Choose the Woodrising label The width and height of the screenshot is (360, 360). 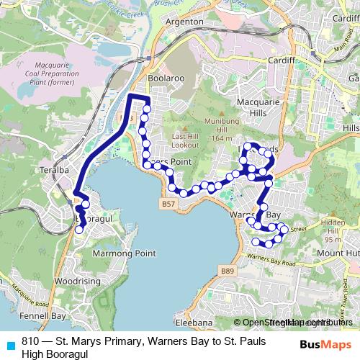pos(72,282)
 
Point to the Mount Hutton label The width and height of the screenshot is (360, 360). pos(337,253)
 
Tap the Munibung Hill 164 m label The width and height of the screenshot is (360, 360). pos(220,130)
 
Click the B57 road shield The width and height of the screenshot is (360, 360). pos(168,205)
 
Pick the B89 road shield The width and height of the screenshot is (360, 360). pos(228,270)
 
